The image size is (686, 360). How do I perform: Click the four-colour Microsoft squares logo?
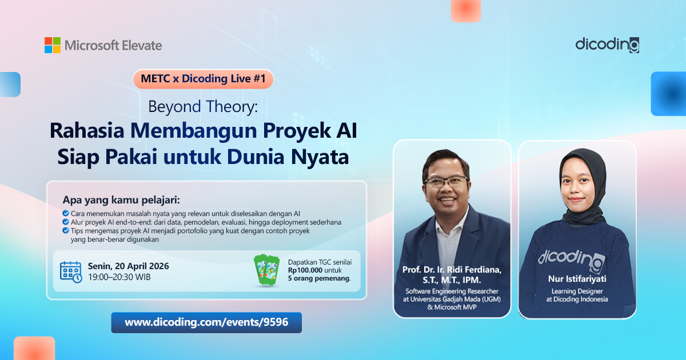point(53,45)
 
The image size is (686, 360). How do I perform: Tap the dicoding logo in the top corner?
point(607,45)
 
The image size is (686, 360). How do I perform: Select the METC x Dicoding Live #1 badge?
point(203,79)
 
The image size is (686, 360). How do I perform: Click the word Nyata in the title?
point(320,157)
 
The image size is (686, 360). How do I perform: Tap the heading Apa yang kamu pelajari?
point(121,200)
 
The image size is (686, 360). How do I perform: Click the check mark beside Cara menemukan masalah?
point(66,213)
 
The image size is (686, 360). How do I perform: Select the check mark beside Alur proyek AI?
point(66,222)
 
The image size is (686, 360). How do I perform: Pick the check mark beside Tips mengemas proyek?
point(66,230)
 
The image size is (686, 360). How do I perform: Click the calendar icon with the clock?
point(71,272)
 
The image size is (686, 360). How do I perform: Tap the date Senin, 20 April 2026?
point(128,266)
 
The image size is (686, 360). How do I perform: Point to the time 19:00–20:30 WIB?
point(119,277)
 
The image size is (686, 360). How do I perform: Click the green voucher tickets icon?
point(266,270)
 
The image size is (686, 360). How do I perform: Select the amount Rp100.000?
point(305,270)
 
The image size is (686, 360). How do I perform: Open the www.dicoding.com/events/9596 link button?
point(206,322)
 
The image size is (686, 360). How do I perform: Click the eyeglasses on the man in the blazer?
point(446,181)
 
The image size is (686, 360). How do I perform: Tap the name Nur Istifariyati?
point(577,279)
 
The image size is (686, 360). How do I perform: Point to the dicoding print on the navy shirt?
point(572,259)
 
